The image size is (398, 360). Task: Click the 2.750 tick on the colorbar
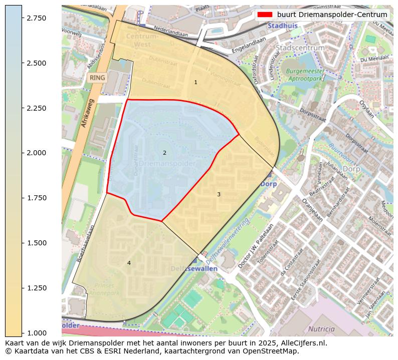coord(22,18)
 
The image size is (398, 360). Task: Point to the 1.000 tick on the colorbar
coord(22,333)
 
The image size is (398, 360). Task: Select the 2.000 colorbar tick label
coord(36,153)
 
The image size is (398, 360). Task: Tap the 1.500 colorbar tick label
coord(36,243)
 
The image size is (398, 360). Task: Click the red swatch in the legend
coord(265,15)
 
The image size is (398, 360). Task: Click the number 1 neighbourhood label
coord(195,82)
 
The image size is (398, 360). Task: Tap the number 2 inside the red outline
coord(164,153)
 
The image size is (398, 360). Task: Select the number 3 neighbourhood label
coord(219,194)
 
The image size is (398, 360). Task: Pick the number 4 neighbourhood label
coord(129,263)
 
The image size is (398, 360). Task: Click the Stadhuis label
coord(283,25)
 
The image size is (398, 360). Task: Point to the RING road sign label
coord(97,78)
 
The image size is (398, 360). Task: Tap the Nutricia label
coord(321,329)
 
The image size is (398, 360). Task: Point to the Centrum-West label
coord(142,41)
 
